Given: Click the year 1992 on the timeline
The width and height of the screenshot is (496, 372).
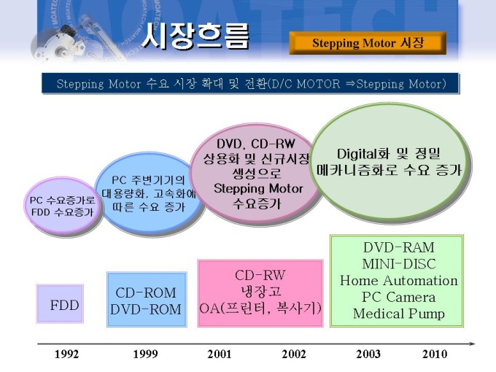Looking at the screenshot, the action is [67, 354].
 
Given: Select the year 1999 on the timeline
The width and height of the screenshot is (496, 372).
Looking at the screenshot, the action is [145, 354].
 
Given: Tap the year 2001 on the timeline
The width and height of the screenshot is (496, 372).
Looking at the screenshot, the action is [220, 354].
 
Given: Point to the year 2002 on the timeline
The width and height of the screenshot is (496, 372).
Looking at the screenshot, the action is [294, 354].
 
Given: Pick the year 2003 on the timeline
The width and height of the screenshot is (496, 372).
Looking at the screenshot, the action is [368, 354].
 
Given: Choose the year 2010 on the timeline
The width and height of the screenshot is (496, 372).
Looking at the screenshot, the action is [435, 354].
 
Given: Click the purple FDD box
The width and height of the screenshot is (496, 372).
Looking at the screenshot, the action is [60, 303].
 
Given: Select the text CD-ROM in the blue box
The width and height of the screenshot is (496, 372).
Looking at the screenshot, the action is [145, 292].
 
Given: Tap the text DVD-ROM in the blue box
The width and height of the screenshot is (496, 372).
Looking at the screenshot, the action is [145, 309].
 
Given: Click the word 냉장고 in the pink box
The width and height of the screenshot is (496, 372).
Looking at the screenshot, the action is [260, 291].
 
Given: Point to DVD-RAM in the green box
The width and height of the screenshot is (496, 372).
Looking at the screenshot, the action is [398, 247].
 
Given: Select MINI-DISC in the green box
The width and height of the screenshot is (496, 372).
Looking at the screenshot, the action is [399, 264].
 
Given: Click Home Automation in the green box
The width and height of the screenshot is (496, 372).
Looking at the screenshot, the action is [398, 281].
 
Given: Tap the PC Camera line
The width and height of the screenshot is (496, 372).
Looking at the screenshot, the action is [398, 297].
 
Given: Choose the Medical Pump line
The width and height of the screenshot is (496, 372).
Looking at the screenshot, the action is [398, 314].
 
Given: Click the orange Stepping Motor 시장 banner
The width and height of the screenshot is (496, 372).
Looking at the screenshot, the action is [368, 43].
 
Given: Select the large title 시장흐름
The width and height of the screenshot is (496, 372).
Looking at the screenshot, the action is [195, 36].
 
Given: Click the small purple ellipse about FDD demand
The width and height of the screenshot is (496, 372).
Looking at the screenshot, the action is [63, 206].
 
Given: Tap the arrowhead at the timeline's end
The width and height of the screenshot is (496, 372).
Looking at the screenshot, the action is [472, 344].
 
